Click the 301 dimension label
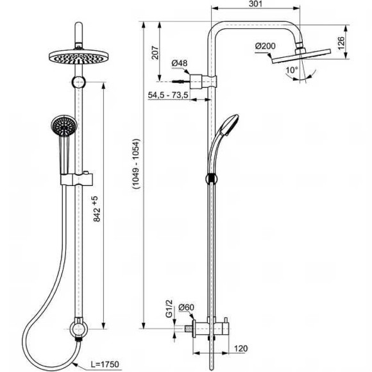coord(255,4)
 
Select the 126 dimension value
coord(341,43)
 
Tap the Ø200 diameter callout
coord(266,46)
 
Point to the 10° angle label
coord(292,70)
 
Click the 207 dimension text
coord(155,53)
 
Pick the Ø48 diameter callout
coord(180,63)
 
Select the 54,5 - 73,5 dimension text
coord(168,95)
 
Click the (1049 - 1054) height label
coord(137,164)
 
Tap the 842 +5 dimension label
coord(97,209)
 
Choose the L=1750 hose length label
coord(105,364)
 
